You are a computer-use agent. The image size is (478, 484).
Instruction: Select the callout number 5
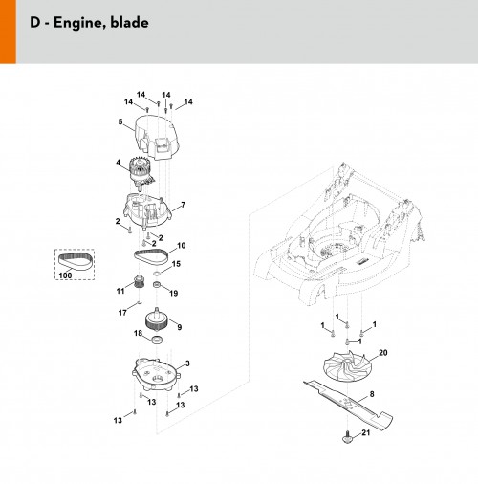point(120,121)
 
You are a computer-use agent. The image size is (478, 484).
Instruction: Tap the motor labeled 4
point(141,173)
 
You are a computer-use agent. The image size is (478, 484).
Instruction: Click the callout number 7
point(183,205)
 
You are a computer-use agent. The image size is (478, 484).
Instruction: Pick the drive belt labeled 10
point(151,256)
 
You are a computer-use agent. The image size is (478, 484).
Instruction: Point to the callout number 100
point(65,275)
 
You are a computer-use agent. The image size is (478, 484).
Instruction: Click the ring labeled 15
point(156,274)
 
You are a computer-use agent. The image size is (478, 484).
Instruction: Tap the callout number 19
point(174,293)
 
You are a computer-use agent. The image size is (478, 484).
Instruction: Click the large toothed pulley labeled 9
point(156,321)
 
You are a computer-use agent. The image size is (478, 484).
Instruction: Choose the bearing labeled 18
point(157,340)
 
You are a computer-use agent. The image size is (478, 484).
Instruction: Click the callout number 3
point(187,363)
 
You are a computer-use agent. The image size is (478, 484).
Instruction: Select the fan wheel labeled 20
point(346,366)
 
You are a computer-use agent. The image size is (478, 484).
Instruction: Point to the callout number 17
point(122,313)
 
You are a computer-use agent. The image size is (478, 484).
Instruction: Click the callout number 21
point(366,432)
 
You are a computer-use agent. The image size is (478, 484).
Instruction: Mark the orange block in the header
point(8,32)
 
